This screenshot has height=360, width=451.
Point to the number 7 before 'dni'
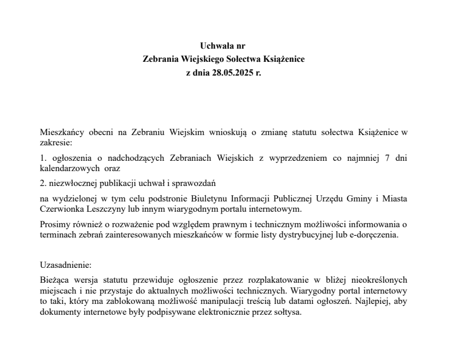[x=388, y=157]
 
